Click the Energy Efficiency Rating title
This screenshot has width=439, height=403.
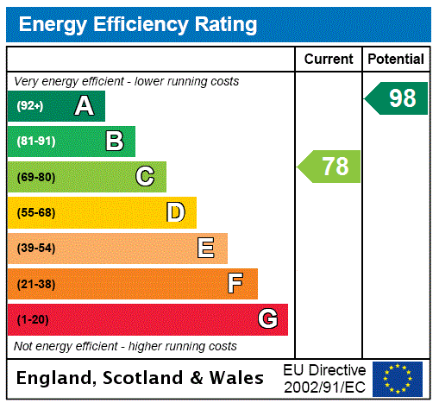pyautogui.click(x=138, y=25)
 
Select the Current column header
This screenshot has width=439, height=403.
pyautogui.click(x=329, y=59)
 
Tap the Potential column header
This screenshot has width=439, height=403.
pyautogui.click(x=396, y=59)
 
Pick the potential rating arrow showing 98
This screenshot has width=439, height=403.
pyautogui.click(x=397, y=98)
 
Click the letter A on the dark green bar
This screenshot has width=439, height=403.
pyautogui.click(x=84, y=106)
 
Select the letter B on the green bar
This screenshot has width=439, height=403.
pyautogui.click(x=114, y=142)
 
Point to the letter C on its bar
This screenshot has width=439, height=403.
pyautogui.click(x=145, y=177)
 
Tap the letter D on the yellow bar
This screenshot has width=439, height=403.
pyautogui.click(x=175, y=212)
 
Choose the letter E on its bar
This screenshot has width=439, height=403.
pyautogui.click(x=206, y=249)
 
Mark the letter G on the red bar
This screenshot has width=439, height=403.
pyautogui.click(x=267, y=320)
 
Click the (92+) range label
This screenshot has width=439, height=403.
pyautogui.click(x=30, y=106)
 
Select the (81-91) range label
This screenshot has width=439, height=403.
pyautogui.click(x=35, y=142)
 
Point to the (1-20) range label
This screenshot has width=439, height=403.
pyautogui.click(x=33, y=320)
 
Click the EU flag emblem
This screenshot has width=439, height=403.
pyautogui.click(x=398, y=378)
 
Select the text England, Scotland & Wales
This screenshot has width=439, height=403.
pyautogui.click(x=141, y=378)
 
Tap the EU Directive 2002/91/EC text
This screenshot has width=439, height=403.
pyautogui.click(x=324, y=378)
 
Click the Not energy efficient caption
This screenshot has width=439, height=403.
pyautogui.click(x=126, y=346)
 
